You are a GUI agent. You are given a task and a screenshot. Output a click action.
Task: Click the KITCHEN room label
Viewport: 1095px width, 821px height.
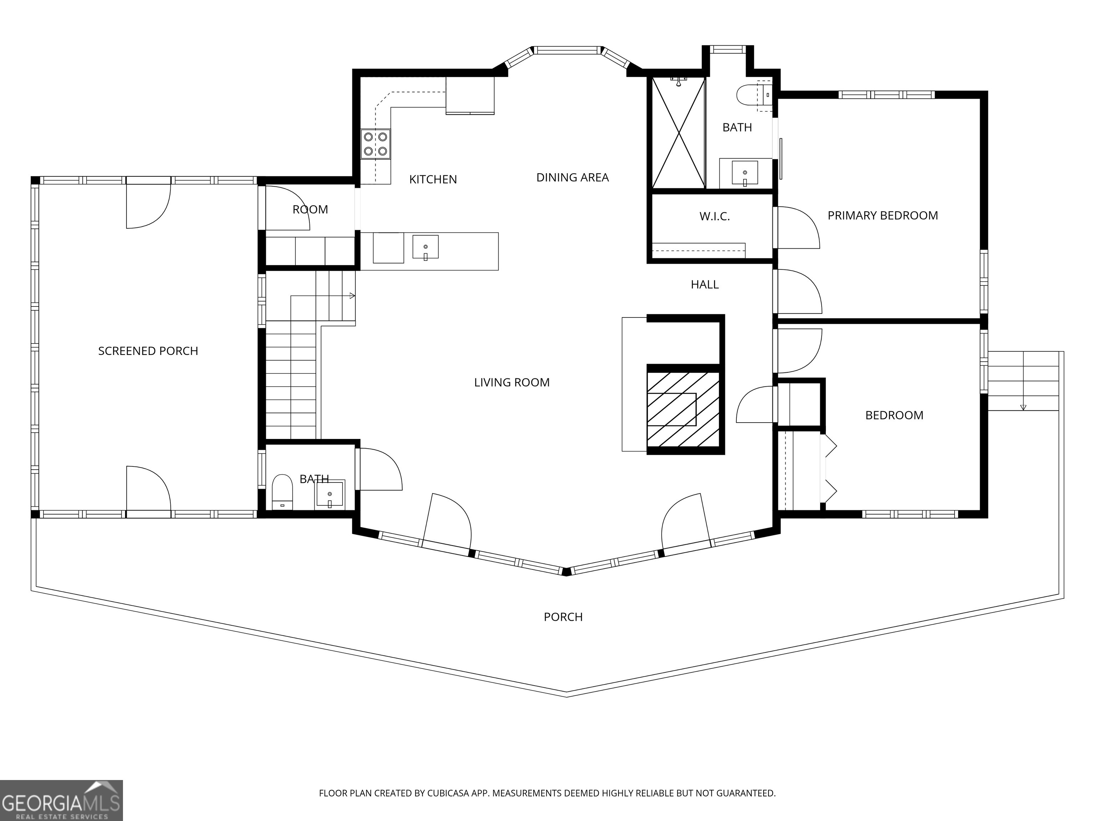point(433,179)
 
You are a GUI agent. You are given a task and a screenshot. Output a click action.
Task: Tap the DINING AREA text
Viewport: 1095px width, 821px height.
point(572,177)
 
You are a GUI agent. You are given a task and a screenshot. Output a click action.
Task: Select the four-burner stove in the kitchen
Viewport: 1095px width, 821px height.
point(375,144)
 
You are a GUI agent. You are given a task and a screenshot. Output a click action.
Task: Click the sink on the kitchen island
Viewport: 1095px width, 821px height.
point(425,247)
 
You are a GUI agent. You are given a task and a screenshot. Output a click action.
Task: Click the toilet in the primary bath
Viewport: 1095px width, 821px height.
point(748,95)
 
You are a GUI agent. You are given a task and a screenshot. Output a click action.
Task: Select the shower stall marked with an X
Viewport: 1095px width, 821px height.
point(678,133)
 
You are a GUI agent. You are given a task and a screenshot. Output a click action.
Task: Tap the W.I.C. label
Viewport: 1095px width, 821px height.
point(714,216)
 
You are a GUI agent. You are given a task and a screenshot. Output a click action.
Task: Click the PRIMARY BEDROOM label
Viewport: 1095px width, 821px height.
point(883,215)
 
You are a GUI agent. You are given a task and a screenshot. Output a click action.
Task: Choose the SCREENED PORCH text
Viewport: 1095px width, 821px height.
point(148,351)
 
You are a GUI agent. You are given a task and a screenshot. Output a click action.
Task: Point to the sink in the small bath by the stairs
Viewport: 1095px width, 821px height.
point(330,494)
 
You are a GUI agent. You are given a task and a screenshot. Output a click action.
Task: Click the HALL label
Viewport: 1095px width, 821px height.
point(704,285)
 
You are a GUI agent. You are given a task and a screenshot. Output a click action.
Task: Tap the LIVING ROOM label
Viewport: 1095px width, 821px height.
point(512,382)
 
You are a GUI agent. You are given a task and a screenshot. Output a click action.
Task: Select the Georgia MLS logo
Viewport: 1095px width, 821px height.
point(61,800)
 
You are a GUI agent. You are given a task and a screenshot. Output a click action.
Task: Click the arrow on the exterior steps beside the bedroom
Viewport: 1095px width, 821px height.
point(1023,407)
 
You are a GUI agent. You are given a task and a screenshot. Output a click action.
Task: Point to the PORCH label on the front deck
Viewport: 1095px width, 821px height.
point(563,616)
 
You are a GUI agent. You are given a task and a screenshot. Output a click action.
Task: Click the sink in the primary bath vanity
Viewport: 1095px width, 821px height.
point(745,173)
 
